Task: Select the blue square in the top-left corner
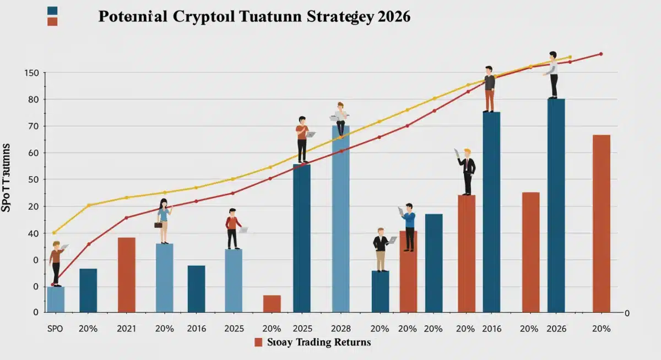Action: (53, 10)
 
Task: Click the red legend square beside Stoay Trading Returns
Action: (258, 342)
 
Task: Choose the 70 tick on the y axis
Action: (34, 126)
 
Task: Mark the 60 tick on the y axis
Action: (34, 153)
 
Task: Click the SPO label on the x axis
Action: (55, 329)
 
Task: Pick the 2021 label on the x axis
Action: (127, 329)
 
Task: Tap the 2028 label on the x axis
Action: (340, 329)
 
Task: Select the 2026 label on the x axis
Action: (556, 329)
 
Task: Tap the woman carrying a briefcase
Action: (164, 221)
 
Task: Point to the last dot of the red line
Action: (600, 54)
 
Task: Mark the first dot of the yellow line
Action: (53, 233)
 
